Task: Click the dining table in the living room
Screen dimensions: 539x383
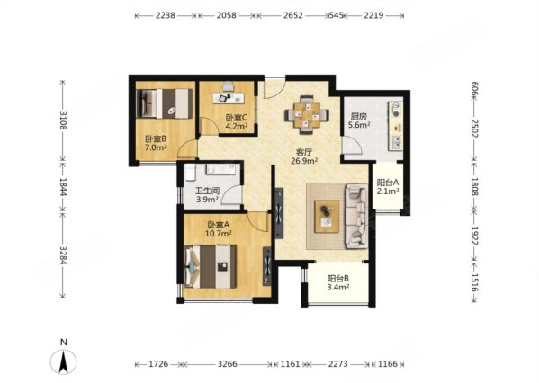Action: tap(307, 116)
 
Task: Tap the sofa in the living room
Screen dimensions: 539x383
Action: tap(356, 216)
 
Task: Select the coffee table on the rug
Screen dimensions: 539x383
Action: tap(327, 217)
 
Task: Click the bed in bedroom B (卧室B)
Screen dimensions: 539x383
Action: tap(165, 103)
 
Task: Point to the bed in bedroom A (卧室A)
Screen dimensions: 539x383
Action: tap(211, 266)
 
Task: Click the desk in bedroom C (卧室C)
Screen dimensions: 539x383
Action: tap(229, 98)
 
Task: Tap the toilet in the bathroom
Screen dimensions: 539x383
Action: tap(190, 173)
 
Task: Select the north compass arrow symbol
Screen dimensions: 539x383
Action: tap(63, 362)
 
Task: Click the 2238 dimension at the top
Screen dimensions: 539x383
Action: tap(166, 15)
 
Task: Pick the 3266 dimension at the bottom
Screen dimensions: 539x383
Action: tap(228, 364)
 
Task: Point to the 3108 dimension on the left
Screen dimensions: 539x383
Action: tap(63, 120)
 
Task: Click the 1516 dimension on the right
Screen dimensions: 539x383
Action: tap(474, 282)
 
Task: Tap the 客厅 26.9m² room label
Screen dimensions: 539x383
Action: tap(304, 156)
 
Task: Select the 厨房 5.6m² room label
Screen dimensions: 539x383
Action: tap(359, 120)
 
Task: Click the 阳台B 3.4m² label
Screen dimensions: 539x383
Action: tap(338, 282)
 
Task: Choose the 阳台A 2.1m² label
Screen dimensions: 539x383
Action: tap(388, 187)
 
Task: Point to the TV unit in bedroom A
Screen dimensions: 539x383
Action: tap(267, 266)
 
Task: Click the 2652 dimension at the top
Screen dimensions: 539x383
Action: tap(293, 15)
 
